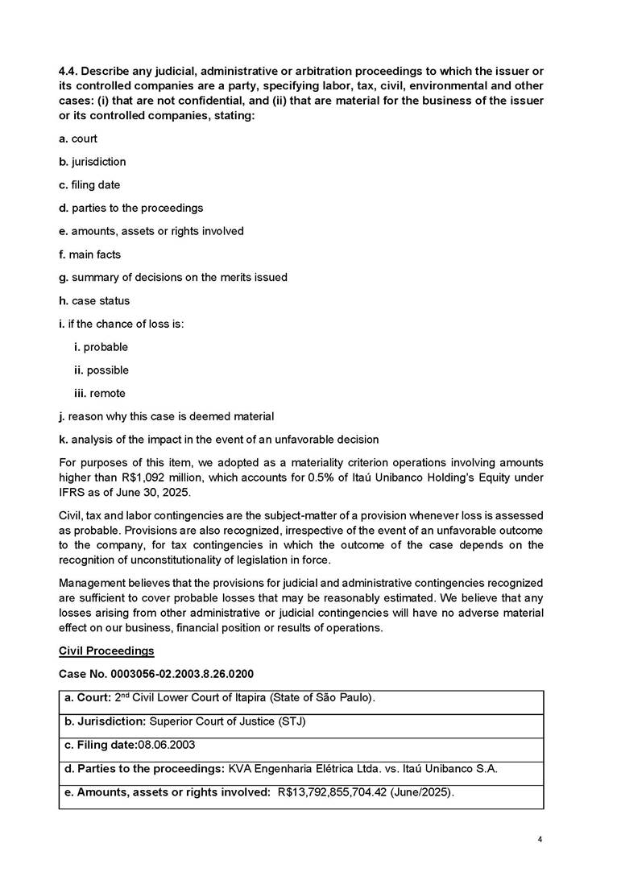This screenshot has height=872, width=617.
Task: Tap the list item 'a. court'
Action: [78, 138]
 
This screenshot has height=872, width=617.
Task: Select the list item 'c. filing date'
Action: [89, 185]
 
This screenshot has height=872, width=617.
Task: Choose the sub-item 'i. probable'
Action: [101, 347]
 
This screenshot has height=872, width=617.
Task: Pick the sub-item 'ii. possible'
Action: [101, 370]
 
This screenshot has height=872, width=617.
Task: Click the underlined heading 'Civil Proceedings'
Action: [106, 650]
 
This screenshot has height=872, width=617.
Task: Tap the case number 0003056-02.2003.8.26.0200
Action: [188, 672]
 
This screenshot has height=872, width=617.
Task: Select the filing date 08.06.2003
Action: [166, 745]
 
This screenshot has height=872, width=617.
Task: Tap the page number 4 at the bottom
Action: [540, 840]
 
